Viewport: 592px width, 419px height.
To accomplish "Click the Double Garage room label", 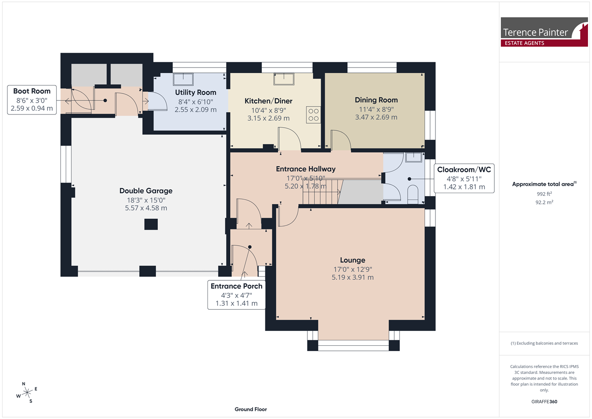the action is (146, 191).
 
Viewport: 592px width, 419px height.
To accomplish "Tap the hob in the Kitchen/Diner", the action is (314, 115).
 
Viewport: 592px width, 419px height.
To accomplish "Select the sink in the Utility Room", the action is (183, 79).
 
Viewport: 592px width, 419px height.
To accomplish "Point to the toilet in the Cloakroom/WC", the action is (413, 194).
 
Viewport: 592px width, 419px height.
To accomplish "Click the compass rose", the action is (27, 393).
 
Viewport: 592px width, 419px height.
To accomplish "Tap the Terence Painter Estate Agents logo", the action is (544, 32).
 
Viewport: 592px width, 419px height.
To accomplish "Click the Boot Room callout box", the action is (32, 100).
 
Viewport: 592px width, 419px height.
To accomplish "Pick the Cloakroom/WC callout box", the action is (464, 178).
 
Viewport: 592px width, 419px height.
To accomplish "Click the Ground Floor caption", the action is (251, 409).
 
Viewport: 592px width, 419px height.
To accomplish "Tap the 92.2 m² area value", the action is (545, 202).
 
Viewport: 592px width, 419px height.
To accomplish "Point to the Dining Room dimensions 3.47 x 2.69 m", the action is (376, 117).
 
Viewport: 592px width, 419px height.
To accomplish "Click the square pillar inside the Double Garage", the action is (151, 224).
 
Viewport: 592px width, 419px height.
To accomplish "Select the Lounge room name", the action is (353, 260).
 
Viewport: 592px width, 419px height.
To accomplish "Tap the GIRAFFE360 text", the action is (544, 401).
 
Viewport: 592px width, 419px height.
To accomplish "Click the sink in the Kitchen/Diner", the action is (284, 79).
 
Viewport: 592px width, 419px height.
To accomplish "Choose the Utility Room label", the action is (196, 93).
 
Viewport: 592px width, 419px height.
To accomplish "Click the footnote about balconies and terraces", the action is (544, 343).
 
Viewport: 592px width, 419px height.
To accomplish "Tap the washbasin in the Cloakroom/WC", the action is (414, 158).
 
